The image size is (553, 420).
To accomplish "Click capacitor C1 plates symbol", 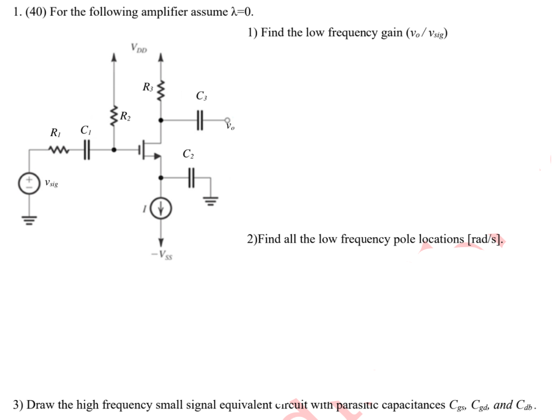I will coord(85,150).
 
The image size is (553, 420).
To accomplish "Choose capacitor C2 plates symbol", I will coord(190,177).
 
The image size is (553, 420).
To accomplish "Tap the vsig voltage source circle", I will coord(28,183).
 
